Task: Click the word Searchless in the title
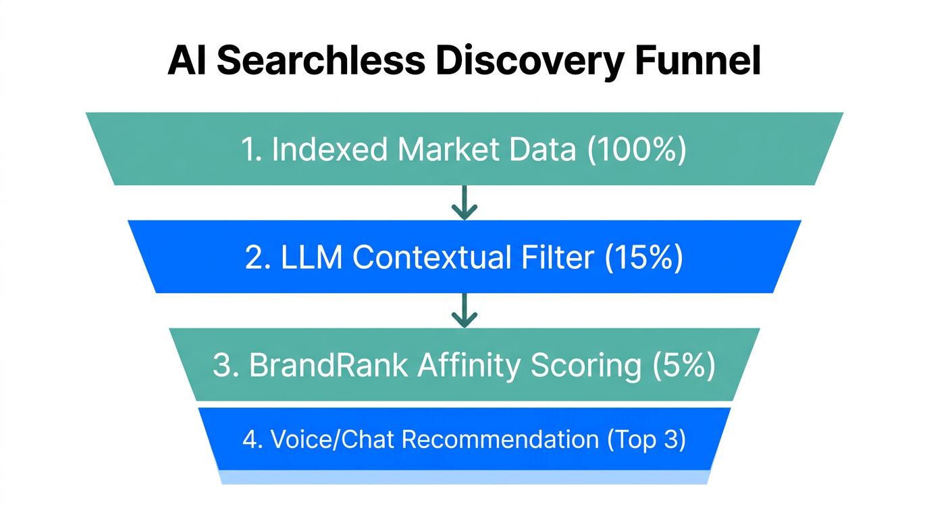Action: pos(320,61)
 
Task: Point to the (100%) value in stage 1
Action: pos(636,149)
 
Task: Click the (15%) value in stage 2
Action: pos(644,257)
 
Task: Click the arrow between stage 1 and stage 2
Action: pos(464,203)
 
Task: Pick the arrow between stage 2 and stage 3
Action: pos(464,311)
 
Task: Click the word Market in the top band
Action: pos(446,149)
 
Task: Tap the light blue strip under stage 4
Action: pos(464,477)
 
